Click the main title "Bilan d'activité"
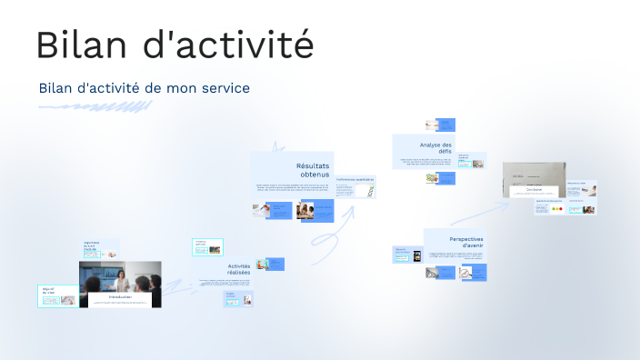point(175,45)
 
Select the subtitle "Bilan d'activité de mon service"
point(144,88)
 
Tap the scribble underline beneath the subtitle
point(95,107)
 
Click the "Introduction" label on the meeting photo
point(120,297)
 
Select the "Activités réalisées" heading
point(238,269)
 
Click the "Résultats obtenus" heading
point(314,170)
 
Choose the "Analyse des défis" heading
point(435,149)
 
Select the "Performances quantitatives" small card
point(355,180)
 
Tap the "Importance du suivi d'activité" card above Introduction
point(100,248)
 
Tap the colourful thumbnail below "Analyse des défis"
point(433,178)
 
